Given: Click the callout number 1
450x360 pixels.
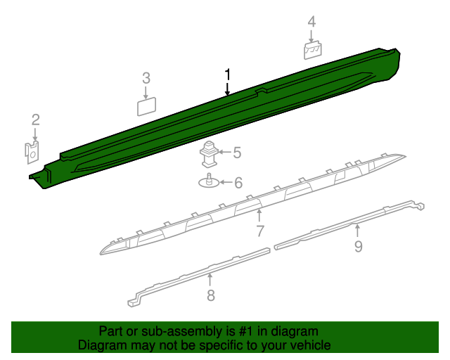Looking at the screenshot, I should click(227, 75).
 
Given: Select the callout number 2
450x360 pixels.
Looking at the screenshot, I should click(35, 120).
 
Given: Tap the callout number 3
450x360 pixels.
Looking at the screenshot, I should click(146, 78).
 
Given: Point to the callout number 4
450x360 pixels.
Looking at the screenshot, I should click(311, 23).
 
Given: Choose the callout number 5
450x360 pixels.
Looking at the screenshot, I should click(237, 152).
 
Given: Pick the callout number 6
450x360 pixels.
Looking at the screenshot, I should click(238, 184).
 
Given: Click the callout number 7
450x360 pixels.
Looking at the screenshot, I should click(259, 231).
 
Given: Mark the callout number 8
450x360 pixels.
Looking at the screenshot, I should click(210, 295).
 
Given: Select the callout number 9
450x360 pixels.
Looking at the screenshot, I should click(358, 245).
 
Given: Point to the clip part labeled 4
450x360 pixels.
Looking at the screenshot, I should click(312, 51).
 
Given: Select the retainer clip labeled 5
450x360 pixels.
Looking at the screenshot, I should click(210, 153).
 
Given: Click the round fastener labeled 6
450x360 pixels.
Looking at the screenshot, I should click(209, 182).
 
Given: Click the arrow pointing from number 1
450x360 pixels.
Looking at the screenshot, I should click(227, 89).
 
